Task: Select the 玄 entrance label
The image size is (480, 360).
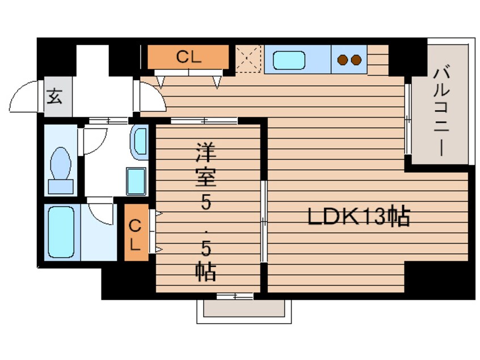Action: pyautogui.click(x=55, y=97)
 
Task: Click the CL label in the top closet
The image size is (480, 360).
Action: pyautogui.click(x=188, y=57)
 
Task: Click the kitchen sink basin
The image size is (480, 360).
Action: pyautogui.click(x=289, y=60)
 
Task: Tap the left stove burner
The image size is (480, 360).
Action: pyautogui.click(x=343, y=60)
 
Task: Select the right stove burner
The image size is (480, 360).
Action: pyautogui.click(x=356, y=60)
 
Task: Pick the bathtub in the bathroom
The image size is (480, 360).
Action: pyautogui.click(x=61, y=232)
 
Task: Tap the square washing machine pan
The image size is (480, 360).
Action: pyautogui.click(x=137, y=181)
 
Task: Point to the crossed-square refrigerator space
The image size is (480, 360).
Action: pyautogui.click(x=249, y=59)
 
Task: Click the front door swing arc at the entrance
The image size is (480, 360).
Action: pyautogui.click(x=26, y=97)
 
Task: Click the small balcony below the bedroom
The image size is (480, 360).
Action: pyautogui.click(x=243, y=309)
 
